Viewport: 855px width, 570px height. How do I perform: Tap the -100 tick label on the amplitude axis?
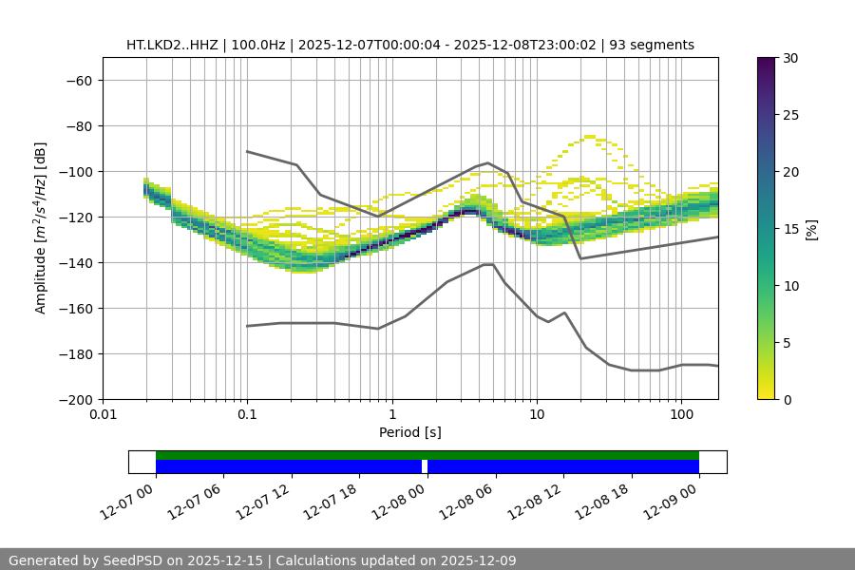75,172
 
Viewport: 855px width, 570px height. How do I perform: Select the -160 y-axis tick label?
75,309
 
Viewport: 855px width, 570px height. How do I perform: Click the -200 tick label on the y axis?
75,400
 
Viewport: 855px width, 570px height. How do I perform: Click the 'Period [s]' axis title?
409,432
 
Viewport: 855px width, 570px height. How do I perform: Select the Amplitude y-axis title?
41,229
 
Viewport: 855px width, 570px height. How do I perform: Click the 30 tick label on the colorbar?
789,59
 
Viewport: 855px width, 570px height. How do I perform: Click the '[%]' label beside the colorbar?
811,229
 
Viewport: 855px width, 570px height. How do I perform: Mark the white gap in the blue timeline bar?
425,466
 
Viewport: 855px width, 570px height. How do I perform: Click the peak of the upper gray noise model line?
488,162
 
